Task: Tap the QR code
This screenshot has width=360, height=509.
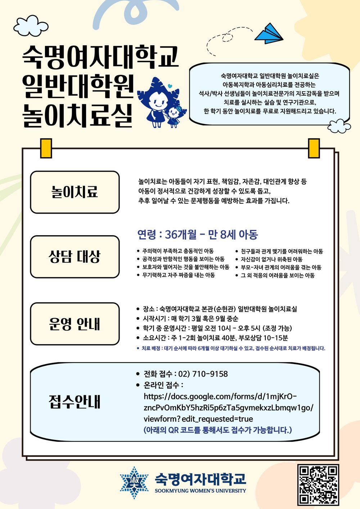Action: coord(318,485)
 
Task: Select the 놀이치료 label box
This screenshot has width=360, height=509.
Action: coord(75,192)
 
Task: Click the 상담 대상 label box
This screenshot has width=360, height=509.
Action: coord(75,257)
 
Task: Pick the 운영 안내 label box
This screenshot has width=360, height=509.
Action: coord(75,324)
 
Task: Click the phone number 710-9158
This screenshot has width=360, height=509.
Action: coord(210,374)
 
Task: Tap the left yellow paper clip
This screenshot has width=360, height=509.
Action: coord(46,148)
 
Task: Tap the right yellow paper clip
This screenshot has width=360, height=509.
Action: coord(314,148)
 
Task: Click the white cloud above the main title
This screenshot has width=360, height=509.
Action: coord(31,26)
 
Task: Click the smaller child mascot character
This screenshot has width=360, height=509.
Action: coord(174,116)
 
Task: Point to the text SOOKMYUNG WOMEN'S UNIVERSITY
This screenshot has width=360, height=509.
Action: coord(200,491)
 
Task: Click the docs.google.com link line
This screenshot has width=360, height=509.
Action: coord(220,396)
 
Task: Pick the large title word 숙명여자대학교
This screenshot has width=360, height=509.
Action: coord(100,56)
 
